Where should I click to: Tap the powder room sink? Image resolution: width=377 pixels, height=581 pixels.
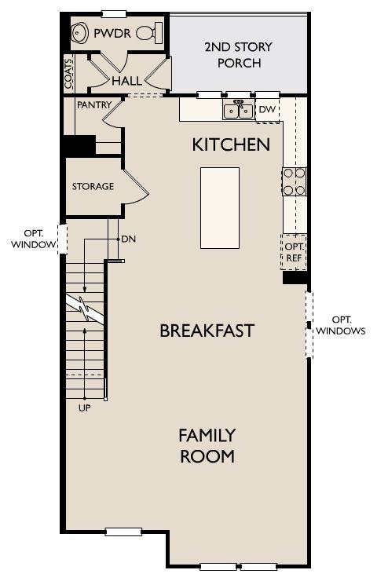(x=79, y=33)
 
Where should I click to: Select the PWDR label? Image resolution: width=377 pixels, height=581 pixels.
(x=112, y=33)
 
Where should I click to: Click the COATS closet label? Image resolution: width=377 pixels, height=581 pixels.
(x=69, y=74)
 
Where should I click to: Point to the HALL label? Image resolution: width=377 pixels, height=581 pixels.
(x=126, y=81)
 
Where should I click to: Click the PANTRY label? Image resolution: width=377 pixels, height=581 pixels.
(x=94, y=105)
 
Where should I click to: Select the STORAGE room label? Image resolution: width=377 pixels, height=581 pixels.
(x=93, y=186)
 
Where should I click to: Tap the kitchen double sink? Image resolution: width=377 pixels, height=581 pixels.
(x=238, y=110)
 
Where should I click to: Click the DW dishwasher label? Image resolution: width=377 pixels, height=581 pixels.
(x=267, y=109)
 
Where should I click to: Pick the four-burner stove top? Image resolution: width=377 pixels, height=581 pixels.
(x=295, y=181)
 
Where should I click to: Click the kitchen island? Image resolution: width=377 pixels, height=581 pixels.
(x=220, y=208)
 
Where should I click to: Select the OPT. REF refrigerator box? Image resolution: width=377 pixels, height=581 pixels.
(x=294, y=252)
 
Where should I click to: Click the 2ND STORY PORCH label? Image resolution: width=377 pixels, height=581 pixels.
(x=239, y=55)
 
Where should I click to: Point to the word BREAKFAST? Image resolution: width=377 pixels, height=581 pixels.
(x=207, y=331)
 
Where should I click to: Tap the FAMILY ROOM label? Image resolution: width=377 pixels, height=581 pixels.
(x=207, y=446)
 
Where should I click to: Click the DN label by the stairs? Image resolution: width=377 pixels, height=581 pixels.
(x=129, y=239)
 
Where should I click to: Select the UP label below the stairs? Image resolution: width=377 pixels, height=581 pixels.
(x=85, y=408)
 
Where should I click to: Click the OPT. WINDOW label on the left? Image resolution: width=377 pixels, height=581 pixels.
(x=33, y=239)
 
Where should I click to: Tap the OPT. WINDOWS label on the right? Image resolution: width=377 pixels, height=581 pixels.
(x=341, y=325)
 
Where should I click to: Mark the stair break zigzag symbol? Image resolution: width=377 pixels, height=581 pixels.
(x=85, y=309)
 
